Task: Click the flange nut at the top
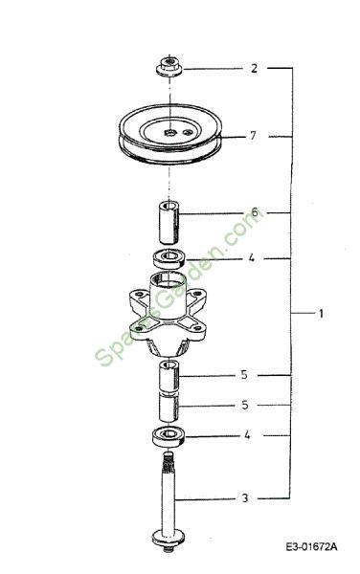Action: [x=169, y=66]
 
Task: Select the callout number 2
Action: [x=254, y=69]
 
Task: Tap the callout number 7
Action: [x=253, y=136]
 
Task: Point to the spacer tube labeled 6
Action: [x=169, y=222]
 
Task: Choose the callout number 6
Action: [x=254, y=212]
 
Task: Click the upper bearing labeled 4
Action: [x=169, y=258]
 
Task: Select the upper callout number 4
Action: [x=251, y=258]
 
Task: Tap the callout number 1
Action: [x=321, y=314]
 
